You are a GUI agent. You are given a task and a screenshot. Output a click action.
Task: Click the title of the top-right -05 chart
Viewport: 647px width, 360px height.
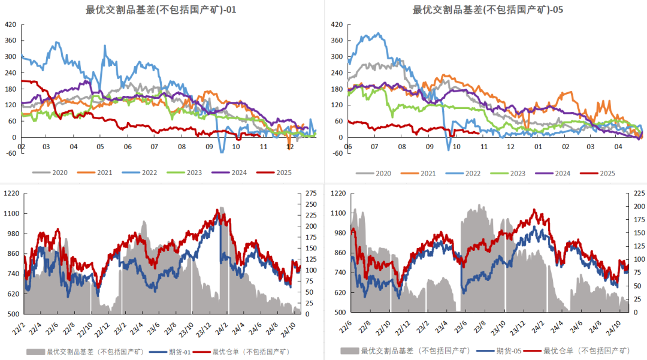488,10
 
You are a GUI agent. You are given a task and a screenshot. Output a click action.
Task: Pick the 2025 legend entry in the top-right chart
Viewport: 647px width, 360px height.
607,174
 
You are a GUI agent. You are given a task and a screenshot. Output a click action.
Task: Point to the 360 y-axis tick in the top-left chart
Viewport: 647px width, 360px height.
11,41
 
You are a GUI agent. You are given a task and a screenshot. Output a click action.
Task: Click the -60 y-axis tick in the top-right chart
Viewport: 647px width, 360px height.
337,153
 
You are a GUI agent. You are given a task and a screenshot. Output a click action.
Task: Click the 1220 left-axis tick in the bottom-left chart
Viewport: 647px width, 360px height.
12,193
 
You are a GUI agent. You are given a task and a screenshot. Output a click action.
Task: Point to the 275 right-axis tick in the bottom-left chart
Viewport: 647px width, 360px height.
312,193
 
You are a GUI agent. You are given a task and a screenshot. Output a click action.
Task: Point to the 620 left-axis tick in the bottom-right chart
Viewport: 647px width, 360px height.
338,292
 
